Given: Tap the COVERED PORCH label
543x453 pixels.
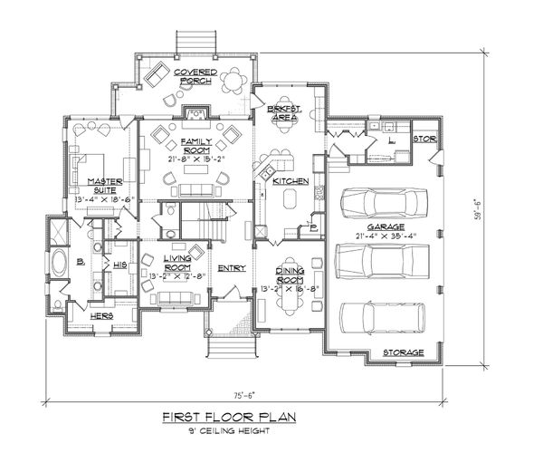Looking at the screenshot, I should pyautogui.click(x=193, y=75).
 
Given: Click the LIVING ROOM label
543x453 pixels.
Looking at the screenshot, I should pyautogui.click(x=176, y=264).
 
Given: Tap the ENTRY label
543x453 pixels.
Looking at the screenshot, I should pyautogui.click(x=231, y=267).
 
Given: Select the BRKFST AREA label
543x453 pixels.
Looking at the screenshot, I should pyautogui.click(x=284, y=112).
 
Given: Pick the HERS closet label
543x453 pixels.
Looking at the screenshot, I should pyautogui.click(x=101, y=315).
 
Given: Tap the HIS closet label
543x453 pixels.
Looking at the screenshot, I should pyautogui.click(x=119, y=265).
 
